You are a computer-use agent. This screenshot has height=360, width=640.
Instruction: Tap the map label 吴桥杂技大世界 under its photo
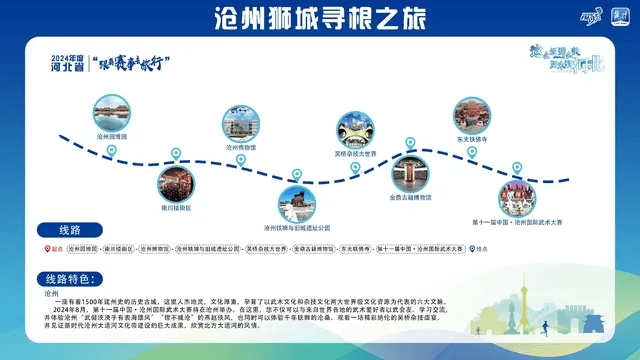(x=355, y=154)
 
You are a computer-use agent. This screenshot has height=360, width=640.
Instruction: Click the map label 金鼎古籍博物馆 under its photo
(x=410, y=197)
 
